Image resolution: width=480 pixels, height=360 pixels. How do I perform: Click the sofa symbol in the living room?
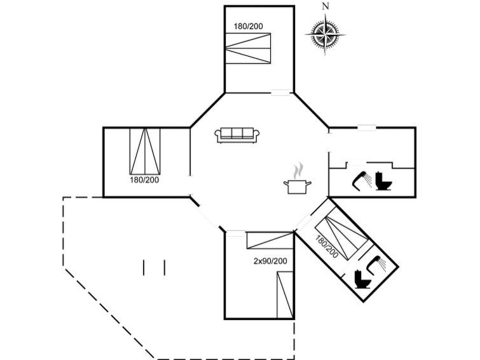click(237, 135)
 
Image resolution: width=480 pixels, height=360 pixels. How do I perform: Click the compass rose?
click(326, 34)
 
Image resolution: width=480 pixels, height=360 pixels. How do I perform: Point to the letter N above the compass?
click(326, 6)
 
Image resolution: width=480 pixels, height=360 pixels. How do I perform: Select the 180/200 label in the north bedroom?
click(249, 26)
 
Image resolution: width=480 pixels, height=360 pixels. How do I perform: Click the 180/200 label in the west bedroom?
click(144, 180)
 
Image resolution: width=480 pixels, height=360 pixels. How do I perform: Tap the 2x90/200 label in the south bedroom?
click(270, 261)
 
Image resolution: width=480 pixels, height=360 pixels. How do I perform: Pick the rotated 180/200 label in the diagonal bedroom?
click(327, 247)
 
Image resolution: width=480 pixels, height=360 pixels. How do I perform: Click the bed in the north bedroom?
click(248, 48)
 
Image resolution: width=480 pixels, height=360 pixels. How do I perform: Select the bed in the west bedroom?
click(145, 151)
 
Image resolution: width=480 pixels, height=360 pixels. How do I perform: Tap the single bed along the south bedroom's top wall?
click(270, 240)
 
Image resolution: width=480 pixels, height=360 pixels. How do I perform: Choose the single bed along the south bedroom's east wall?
click(285, 294)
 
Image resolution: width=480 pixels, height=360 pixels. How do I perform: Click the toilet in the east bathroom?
click(383, 181)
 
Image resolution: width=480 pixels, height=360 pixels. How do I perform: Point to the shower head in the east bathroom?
click(361, 180)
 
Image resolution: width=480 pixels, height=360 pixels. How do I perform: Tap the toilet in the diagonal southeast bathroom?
click(362, 279)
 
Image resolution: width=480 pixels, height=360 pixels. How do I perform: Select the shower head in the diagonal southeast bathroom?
click(376, 263)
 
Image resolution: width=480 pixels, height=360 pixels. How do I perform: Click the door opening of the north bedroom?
click(280, 92)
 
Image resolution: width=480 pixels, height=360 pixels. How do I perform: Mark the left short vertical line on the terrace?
click(144, 268)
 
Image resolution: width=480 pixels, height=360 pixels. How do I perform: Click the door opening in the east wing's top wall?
click(367, 127)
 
